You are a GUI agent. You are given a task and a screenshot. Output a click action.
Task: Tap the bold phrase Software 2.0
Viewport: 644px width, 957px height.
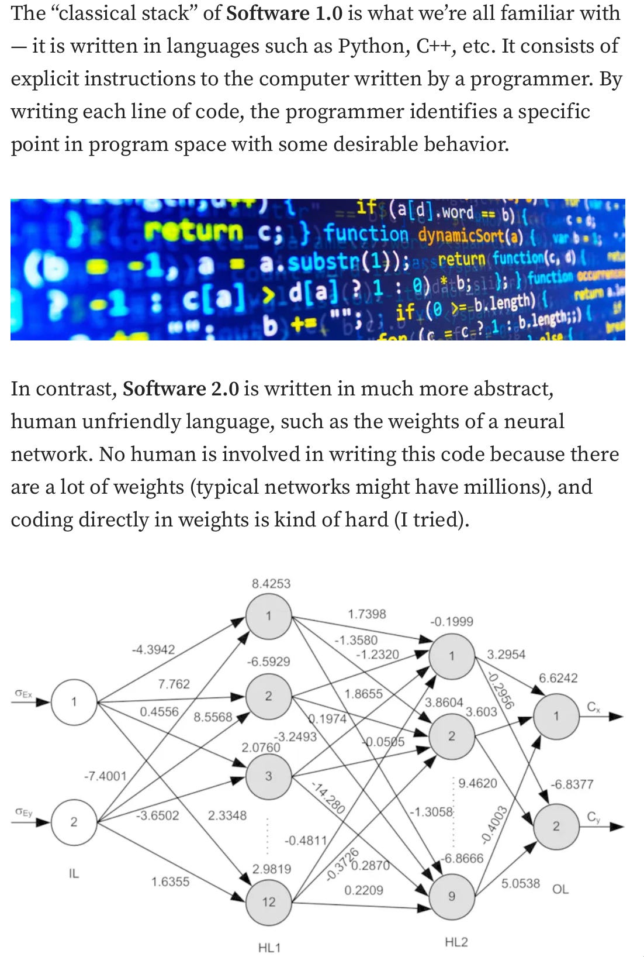pos(181,389)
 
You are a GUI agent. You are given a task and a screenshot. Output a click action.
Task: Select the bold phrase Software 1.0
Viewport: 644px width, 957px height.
pos(284,13)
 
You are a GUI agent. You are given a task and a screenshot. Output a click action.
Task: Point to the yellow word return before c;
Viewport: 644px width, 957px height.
pos(194,232)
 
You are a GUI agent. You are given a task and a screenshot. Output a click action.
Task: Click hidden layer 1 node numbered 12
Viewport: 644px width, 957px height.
pos(268,901)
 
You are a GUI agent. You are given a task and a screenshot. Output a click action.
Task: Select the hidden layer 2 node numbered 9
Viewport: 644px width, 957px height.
pos(451,896)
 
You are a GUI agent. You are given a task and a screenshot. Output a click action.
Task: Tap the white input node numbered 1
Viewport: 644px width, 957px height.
pos(74,701)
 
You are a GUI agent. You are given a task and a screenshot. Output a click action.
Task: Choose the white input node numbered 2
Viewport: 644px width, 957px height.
pos(74,822)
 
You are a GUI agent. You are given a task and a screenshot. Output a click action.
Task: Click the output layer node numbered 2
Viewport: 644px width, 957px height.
pos(556,826)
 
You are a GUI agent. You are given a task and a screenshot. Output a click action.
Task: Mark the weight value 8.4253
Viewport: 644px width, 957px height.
pos(271,583)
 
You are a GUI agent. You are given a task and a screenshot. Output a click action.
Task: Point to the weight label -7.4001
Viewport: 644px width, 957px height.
pos(105,776)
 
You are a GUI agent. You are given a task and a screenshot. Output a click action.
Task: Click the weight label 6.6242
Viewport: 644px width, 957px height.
pos(558,678)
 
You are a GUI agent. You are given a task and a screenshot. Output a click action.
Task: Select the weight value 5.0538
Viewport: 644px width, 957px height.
pos(520,883)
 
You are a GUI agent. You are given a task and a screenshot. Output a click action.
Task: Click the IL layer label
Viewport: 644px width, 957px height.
pos(74,873)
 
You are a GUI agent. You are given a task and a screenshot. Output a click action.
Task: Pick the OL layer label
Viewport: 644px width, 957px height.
pos(560,889)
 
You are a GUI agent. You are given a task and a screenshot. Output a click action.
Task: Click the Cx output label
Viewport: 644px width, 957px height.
pos(593,707)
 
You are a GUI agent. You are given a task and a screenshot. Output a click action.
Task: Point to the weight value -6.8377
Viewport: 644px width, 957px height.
pos(572,784)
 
